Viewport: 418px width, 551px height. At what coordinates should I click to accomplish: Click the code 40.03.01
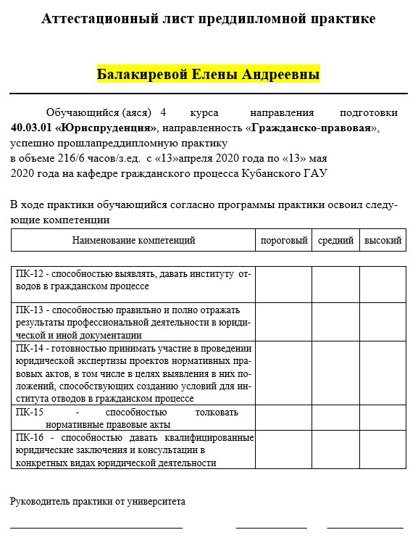pyautogui.click(x=30, y=128)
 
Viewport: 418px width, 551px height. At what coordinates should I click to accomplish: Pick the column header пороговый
pyautogui.click(x=284, y=240)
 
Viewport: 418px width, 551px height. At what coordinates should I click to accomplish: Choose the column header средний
pyautogui.click(x=335, y=240)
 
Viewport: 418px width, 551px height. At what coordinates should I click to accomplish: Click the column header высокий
pyautogui.click(x=383, y=240)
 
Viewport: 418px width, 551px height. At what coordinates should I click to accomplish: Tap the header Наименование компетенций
pyautogui.click(x=134, y=240)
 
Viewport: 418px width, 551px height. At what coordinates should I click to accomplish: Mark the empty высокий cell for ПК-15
pyautogui.click(x=383, y=418)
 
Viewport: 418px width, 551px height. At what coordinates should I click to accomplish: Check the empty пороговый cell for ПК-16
pyautogui.click(x=283, y=450)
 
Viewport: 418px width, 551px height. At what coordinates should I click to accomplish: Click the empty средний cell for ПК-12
pyautogui.click(x=335, y=284)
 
